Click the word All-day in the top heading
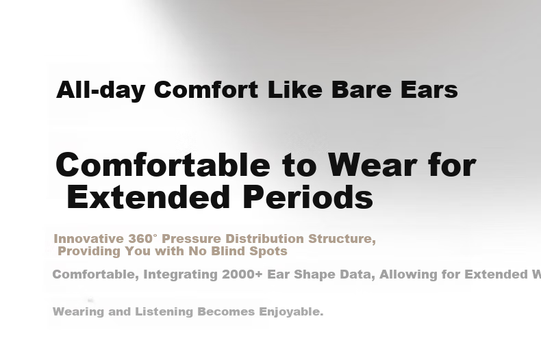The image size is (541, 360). (101, 90)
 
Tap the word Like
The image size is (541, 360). (295, 89)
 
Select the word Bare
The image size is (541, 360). (362, 89)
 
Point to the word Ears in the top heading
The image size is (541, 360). (429, 89)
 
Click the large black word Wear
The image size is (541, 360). (373, 165)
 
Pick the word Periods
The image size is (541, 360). (308, 197)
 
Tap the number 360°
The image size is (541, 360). (142, 239)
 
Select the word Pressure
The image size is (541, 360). (191, 239)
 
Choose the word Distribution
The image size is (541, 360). (264, 239)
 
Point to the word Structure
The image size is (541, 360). (342, 239)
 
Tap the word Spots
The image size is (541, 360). (268, 251)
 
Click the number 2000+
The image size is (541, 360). (242, 274)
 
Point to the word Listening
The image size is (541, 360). (164, 312)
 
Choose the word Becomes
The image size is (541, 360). (226, 311)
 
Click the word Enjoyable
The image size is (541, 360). (291, 312)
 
